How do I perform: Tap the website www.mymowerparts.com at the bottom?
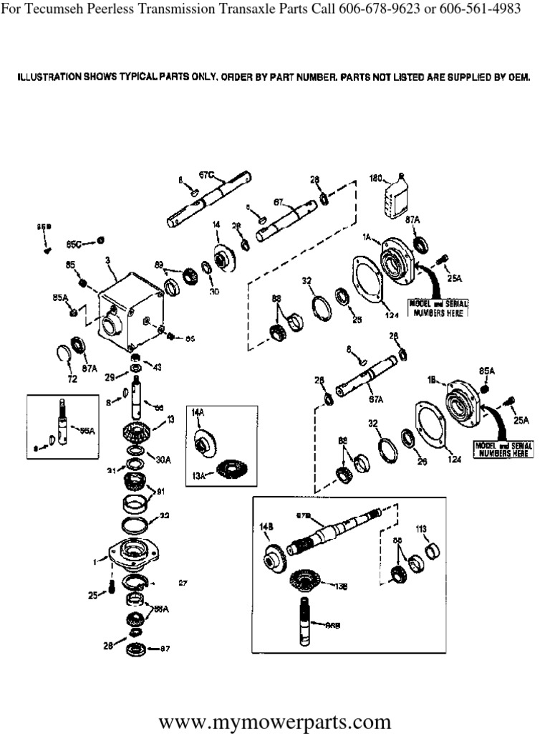point(275,720)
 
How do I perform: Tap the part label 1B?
point(432,383)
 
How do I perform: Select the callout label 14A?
point(198,412)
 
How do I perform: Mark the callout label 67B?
point(304,515)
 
